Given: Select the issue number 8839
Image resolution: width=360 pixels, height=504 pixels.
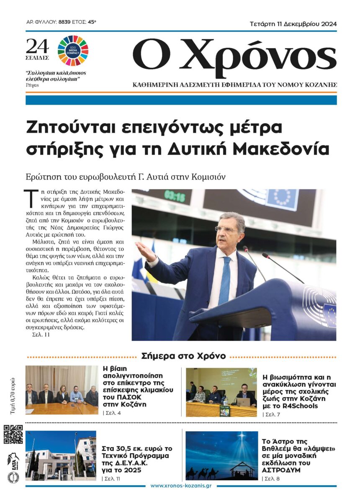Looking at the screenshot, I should (65, 22).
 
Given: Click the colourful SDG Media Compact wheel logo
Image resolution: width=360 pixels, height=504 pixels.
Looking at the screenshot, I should (73, 51).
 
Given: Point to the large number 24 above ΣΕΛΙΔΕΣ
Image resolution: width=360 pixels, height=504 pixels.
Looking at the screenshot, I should (37, 46).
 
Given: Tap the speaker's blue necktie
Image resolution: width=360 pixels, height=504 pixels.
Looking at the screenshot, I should (225, 276).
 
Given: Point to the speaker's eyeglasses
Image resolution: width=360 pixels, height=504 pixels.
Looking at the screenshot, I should (226, 229).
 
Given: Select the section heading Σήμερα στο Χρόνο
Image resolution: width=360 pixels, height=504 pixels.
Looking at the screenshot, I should (184, 356).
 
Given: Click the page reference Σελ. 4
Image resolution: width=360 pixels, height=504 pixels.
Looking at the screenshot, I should (111, 413).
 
